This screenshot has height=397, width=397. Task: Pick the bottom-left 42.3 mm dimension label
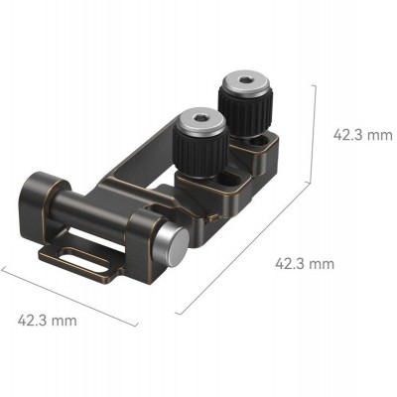click(x=48, y=320)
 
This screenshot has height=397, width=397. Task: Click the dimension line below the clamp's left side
click(x=69, y=297)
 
